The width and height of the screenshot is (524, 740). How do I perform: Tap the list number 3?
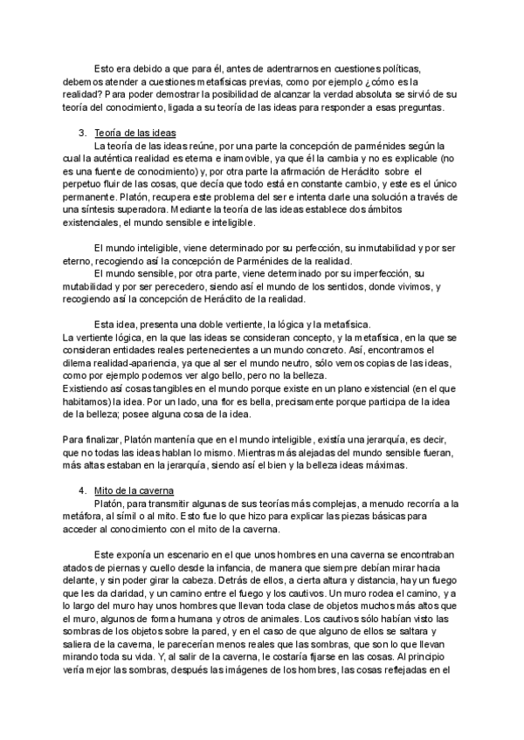coord(82,132)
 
